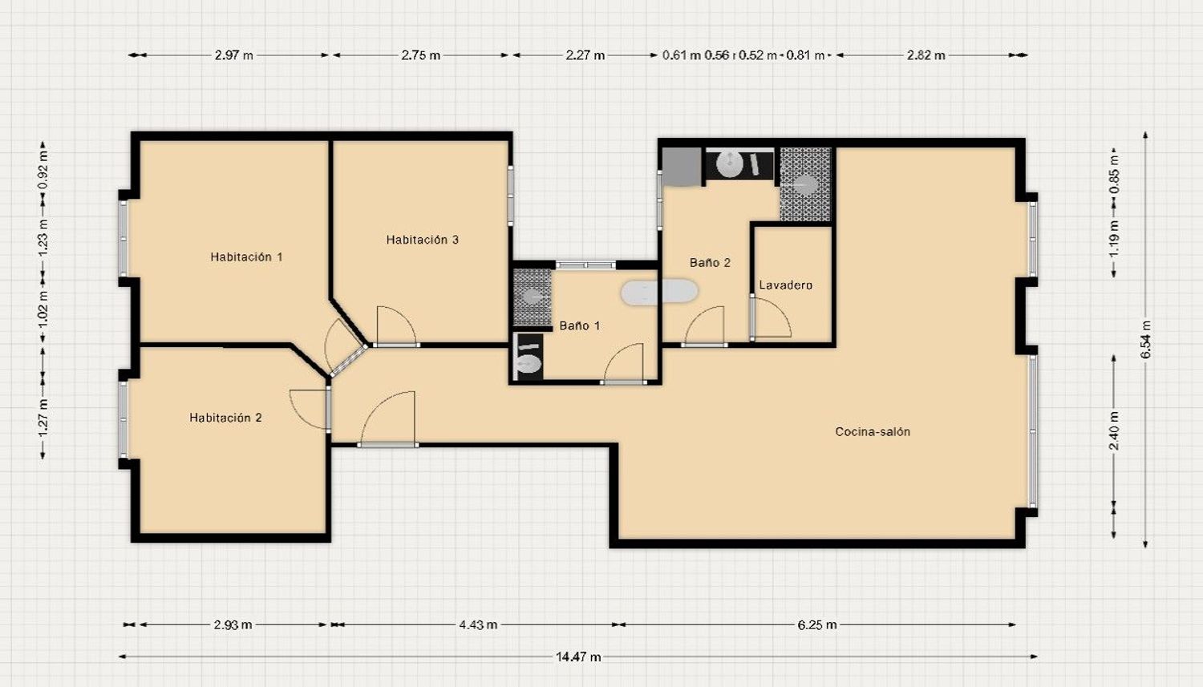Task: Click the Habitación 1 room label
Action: coord(246,257)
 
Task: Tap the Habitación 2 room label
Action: coord(225,418)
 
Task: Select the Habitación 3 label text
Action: coord(423,240)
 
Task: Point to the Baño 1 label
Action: coord(580,325)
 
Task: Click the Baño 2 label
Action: coord(710,262)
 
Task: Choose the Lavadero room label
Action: coord(786,285)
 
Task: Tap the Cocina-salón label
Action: coord(873,431)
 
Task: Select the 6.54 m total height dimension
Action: coord(1145,339)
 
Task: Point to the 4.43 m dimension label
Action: coord(478,624)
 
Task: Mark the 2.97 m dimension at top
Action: coord(233,55)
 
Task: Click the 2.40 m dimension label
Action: coord(1114,430)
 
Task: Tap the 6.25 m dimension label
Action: coord(817,624)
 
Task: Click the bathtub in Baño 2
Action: coord(659,293)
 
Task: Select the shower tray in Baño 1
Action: coord(533,297)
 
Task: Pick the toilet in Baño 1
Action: coord(528,357)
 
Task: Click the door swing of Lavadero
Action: coord(772,317)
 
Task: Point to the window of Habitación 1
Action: coord(123,238)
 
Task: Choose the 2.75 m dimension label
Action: coord(420,55)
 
